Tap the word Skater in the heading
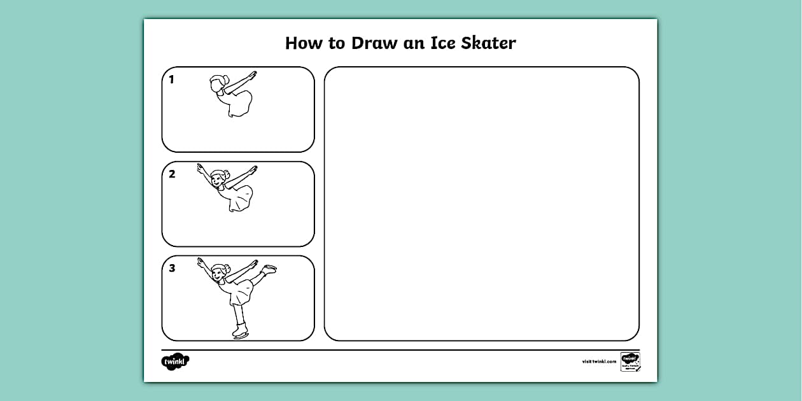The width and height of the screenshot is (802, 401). (x=484, y=43)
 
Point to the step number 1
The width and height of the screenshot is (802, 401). (x=171, y=80)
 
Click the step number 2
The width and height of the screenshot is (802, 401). (x=172, y=174)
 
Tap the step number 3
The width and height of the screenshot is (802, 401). (x=172, y=269)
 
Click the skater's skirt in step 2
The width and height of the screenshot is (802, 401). (x=239, y=199)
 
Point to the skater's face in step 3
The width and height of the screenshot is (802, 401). (x=218, y=274)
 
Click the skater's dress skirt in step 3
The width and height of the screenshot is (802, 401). (x=239, y=293)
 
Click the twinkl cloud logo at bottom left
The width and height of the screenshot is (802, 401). (x=175, y=362)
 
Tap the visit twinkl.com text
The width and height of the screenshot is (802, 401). (x=599, y=362)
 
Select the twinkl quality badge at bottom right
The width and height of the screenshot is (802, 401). (x=630, y=361)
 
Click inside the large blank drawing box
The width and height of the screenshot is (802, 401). (x=481, y=204)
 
